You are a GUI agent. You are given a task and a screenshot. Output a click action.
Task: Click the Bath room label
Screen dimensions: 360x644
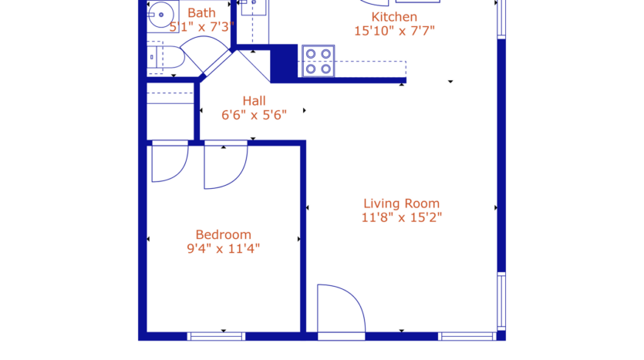pos(201,12)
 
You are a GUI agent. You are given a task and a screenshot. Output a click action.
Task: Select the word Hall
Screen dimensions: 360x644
pos(254,100)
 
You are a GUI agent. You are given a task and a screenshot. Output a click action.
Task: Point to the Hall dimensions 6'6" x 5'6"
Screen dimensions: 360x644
pos(254,115)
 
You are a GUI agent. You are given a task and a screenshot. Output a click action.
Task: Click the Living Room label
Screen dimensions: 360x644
pos(401,203)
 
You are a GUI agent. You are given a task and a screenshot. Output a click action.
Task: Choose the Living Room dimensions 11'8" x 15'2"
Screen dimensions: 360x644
pos(401,217)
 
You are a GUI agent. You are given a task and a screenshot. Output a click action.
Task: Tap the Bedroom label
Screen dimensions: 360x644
pos(223,234)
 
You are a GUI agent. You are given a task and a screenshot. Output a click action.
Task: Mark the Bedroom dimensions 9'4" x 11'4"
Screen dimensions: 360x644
pos(223,249)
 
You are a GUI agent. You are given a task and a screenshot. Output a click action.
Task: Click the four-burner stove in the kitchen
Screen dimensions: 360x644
pos(318,61)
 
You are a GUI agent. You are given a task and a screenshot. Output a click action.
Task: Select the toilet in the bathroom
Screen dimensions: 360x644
pos(167,57)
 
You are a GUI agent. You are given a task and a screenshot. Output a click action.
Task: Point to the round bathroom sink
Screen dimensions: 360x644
pos(160,13)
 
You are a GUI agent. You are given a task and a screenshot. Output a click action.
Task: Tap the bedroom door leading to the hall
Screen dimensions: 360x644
pos(224,165)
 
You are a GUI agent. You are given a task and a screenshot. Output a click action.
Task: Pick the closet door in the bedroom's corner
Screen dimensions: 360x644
pos(169,162)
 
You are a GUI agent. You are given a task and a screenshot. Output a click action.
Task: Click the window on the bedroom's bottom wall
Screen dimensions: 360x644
pos(216,336)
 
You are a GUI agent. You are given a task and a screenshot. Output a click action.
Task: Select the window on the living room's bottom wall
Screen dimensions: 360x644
pos(467,336)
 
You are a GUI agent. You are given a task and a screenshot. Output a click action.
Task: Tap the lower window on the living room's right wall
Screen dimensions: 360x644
pos(501,301)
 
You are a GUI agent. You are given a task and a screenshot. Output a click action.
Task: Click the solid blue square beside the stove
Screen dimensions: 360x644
pos(284,62)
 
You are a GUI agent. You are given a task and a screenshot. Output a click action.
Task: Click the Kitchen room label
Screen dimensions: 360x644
pos(394,17)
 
